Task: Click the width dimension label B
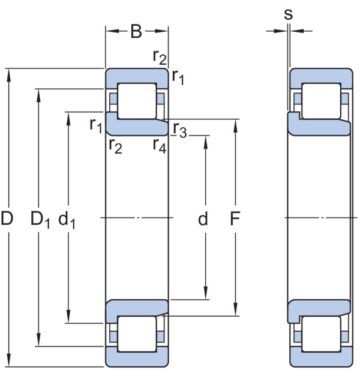pos(136,31)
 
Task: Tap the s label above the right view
pos(288,14)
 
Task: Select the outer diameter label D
pos(7,218)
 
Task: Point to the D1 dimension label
pos(40,219)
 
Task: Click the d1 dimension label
pos(67,220)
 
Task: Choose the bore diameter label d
pos(203,219)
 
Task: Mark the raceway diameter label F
pos(235,218)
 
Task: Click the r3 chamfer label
pos(180,130)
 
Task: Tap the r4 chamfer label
pos(160,146)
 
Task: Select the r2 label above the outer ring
pos(160,58)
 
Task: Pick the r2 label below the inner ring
pos(115,146)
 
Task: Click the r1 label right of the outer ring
pos(178,77)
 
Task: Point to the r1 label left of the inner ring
pos(96,125)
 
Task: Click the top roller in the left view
pos(137,101)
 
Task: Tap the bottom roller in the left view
pos(137,334)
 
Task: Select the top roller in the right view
pos(321,101)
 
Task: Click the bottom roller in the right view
pos(321,334)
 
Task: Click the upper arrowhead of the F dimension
pos(235,126)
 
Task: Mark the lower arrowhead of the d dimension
pos(206,293)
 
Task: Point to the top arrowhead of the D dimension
pos(9,76)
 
